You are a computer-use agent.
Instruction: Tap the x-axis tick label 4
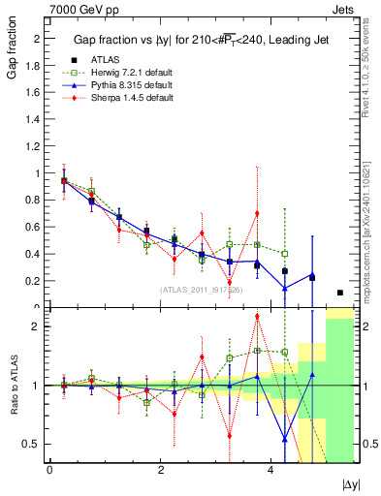270,470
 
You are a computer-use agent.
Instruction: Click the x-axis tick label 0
49,470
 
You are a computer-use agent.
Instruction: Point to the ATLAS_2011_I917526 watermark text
200,289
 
